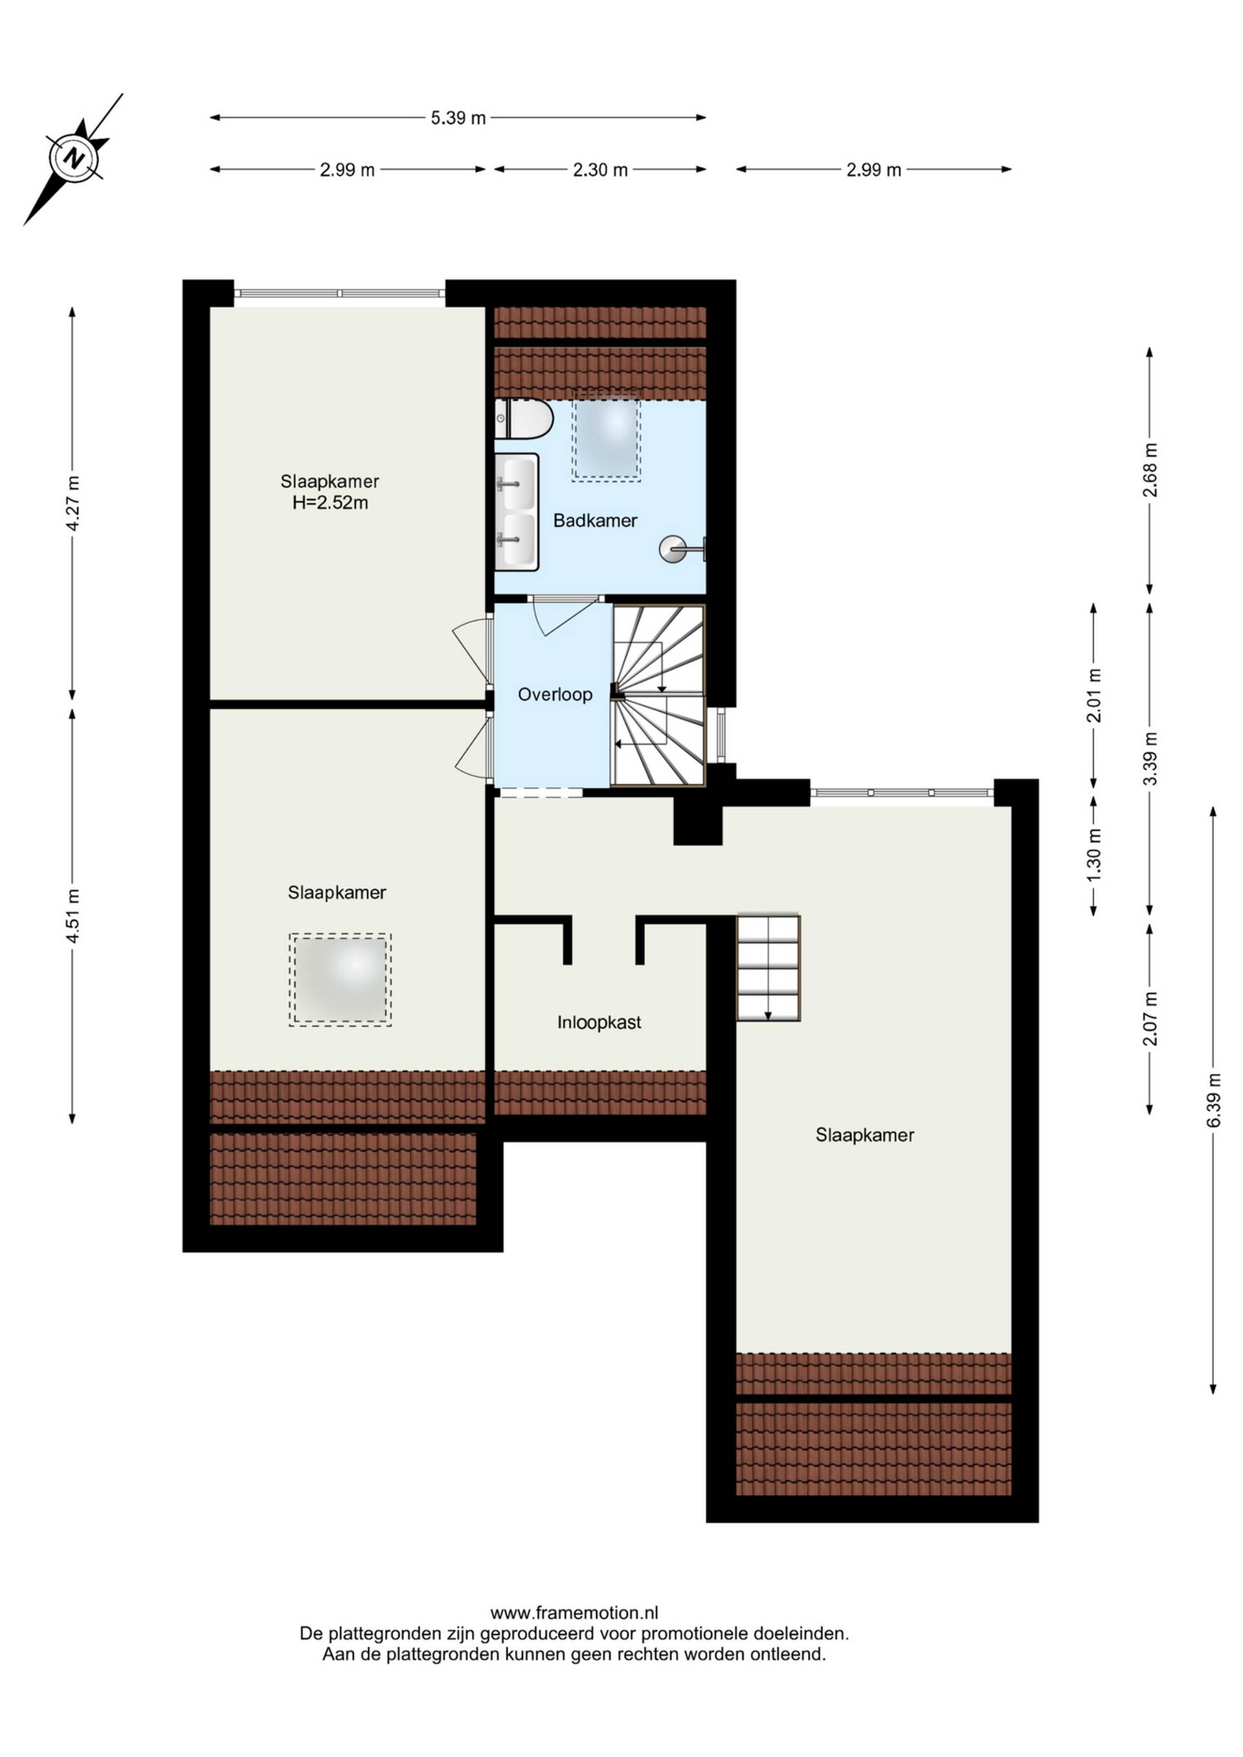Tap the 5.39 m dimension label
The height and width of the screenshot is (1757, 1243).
[458, 118]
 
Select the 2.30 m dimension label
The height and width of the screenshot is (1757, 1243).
[600, 170]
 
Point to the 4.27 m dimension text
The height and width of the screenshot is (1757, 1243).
[73, 503]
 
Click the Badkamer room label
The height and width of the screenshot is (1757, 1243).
[595, 520]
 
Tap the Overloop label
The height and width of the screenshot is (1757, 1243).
[555, 694]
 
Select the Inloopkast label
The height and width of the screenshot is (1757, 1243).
[599, 1022]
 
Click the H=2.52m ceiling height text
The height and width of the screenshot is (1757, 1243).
[330, 503]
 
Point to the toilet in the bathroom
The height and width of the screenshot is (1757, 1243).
[524, 419]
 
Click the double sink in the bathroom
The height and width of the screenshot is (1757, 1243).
[517, 512]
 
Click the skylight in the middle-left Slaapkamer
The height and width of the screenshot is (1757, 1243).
[341, 979]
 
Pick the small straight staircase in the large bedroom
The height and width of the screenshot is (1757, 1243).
[768, 967]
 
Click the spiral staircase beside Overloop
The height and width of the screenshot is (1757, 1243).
[658, 695]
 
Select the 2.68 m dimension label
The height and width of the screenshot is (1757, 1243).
[1150, 470]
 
